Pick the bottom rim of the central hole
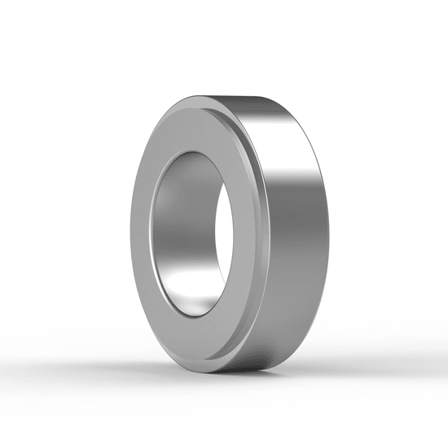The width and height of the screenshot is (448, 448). [x=200, y=318]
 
